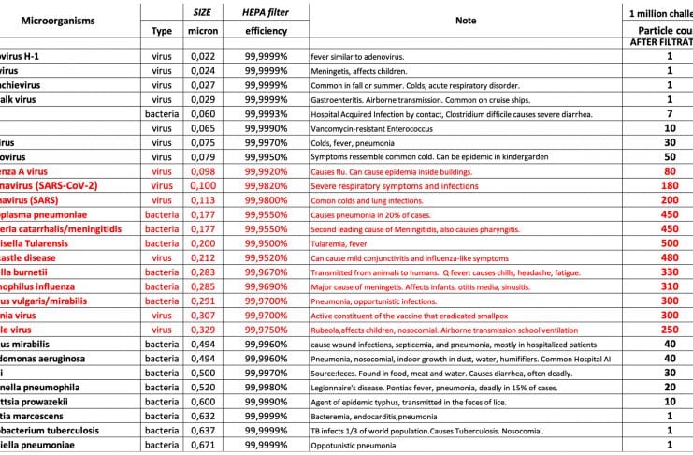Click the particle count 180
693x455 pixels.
tap(670, 185)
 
